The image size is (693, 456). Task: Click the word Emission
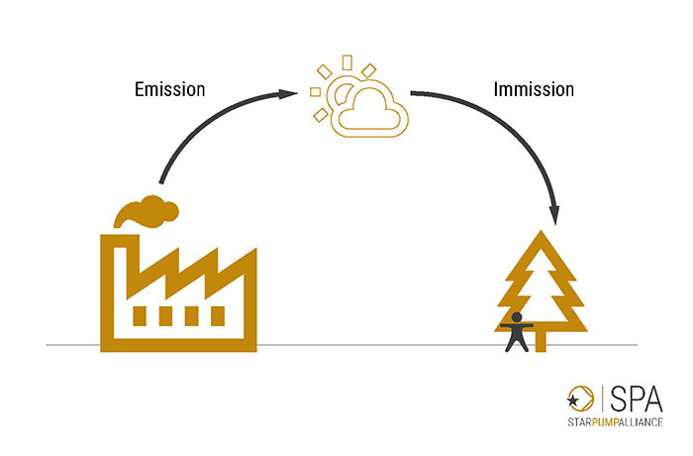169,89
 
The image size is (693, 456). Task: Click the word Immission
534,89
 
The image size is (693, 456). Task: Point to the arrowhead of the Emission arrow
288,93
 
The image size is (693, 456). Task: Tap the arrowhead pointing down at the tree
554,215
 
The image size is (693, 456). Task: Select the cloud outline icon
370,128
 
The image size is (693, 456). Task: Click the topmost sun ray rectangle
347,62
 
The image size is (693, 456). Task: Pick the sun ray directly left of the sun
315,91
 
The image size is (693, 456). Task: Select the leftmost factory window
140,316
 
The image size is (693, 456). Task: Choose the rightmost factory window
218,316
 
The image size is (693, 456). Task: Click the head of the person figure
516,317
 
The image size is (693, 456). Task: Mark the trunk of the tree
541,341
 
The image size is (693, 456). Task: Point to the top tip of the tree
541,231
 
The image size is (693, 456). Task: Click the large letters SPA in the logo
637,399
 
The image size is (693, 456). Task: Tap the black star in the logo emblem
573,400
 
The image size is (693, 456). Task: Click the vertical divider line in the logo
603,398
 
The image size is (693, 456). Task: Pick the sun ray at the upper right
368,70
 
